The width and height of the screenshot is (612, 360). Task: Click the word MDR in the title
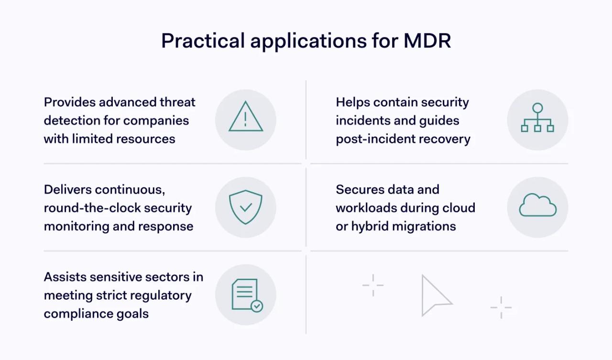coord(427,41)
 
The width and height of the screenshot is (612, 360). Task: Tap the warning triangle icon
coord(246,118)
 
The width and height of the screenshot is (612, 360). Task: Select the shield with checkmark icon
coord(246,207)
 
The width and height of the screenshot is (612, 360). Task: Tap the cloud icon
coord(537,207)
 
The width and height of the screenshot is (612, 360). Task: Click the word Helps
coord(353,102)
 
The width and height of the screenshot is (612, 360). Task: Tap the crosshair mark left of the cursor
coord(373,285)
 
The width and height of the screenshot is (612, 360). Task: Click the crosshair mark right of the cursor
coord(501,307)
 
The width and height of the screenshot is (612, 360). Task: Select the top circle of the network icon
coord(537,108)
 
